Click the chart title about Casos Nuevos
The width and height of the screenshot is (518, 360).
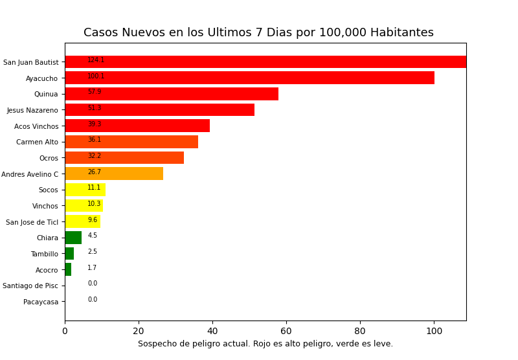click(258, 32)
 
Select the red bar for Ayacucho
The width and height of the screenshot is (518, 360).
click(249, 78)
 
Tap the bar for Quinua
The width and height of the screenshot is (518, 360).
click(172, 94)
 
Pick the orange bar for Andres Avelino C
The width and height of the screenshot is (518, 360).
click(114, 174)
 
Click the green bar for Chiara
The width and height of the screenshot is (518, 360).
click(73, 238)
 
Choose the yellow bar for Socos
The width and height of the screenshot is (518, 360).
click(85, 190)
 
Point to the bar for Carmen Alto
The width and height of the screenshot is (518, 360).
click(131, 142)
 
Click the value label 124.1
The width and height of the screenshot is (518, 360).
click(96, 60)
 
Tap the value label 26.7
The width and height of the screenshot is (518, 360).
click(95, 172)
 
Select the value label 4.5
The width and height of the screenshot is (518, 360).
click(93, 236)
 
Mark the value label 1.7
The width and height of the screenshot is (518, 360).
click(93, 268)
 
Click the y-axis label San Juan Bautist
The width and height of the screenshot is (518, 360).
click(30, 63)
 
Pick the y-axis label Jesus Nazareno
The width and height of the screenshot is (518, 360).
click(32, 110)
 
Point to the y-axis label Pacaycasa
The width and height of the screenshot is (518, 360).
click(41, 302)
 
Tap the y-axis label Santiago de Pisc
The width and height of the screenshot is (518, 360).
click(30, 286)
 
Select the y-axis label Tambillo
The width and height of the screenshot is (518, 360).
click(44, 254)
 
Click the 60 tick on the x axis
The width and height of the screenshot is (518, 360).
click(286, 331)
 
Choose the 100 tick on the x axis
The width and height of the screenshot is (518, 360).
click(434, 331)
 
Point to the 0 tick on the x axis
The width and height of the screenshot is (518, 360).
click(65, 331)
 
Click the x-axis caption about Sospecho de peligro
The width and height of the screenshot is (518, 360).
click(265, 344)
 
